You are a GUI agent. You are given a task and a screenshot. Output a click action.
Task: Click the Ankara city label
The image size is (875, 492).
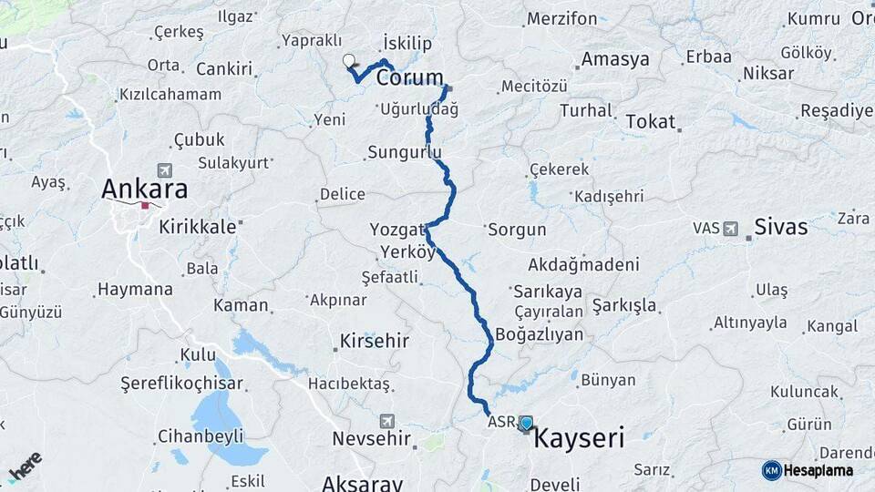[x=145, y=190]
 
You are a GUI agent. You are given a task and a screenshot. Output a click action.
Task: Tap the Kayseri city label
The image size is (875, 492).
[x=578, y=438]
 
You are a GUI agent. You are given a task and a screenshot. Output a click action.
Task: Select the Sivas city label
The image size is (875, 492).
[x=781, y=227]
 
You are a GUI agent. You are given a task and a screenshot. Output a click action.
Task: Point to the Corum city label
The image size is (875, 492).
[x=410, y=77]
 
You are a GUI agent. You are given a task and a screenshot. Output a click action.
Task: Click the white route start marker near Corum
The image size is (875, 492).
[x=348, y=61]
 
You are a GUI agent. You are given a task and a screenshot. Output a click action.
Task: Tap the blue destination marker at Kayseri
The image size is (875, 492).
[x=526, y=423]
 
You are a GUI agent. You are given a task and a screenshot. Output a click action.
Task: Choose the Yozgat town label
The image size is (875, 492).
[x=398, y=229]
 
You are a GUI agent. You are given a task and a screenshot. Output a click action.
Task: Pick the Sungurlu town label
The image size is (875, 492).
[x=405, y=152]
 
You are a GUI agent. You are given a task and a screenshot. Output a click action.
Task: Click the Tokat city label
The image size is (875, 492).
[x=650, y=121]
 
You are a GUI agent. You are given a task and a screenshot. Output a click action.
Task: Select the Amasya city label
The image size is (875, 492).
[x=615, y=60]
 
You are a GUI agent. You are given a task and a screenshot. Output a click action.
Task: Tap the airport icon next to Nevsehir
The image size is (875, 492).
[x=387, y=421]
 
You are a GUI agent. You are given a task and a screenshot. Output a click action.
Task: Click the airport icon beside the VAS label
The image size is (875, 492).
[x=730, y=228]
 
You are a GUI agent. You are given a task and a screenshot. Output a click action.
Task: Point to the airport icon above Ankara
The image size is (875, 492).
[x=165, y=170]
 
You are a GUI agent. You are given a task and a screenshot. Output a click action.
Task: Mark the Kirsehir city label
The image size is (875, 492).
[x=374, y=342]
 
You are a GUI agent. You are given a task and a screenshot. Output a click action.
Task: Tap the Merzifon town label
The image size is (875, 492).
[x=562, y=19]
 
